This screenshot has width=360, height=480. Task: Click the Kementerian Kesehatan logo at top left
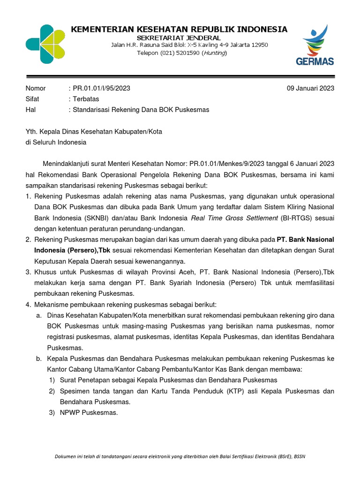(46, 44)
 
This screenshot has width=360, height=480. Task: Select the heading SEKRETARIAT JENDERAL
(179, 37)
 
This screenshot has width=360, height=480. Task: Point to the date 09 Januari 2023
(310, 88)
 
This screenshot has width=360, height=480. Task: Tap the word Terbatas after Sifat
(85, 99)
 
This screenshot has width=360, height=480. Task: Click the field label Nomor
(36, 88)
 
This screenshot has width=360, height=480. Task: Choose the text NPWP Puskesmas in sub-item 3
(89, 413)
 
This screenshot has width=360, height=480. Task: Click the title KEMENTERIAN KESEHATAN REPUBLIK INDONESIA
(179, 29)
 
